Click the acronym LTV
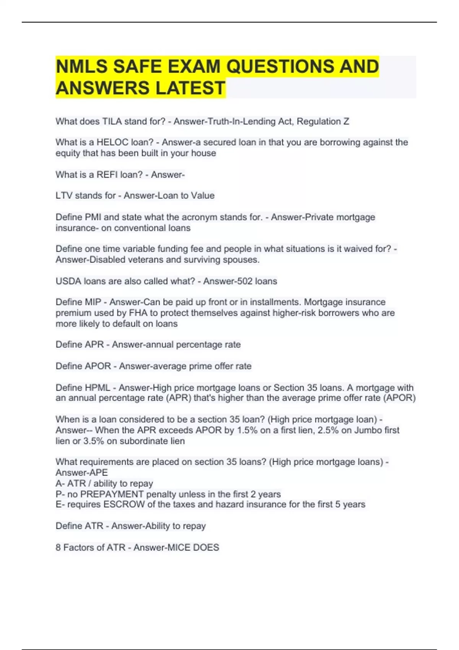64,196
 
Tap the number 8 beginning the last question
58,548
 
